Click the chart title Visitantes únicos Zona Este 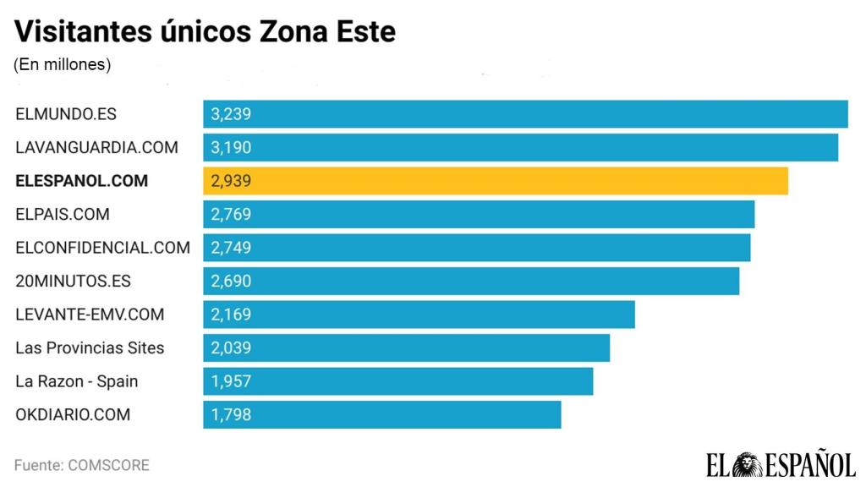206,32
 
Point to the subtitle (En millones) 63,64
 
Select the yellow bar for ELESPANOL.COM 496,181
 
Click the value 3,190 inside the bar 231,147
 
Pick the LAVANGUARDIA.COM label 96,147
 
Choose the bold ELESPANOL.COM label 81,181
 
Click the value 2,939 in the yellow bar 231,181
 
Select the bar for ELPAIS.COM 479,214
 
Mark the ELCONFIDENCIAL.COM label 102,248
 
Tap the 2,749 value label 231,248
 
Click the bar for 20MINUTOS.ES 471,281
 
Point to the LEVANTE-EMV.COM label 90,315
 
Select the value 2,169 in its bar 231,315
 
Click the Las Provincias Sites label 90,347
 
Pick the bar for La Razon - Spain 397,381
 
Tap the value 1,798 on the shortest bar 231,414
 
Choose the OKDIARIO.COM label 73,414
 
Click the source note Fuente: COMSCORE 81,465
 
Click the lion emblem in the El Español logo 748,464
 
